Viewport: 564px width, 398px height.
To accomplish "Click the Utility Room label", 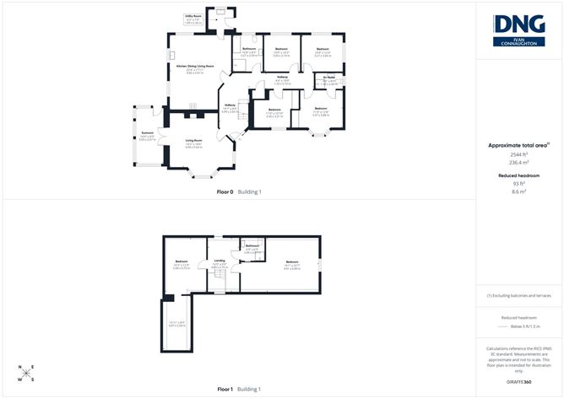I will (193, 16).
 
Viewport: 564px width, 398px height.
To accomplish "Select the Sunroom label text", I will (147, 135).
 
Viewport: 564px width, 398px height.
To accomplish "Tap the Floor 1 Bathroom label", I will (252, 245).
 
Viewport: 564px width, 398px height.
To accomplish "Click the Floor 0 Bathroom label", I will (249, 49).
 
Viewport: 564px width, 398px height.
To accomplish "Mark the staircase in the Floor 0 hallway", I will (241, 110).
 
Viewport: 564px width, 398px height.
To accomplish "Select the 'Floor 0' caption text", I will (226, 192).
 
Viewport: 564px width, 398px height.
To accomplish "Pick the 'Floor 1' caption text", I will (226, 390).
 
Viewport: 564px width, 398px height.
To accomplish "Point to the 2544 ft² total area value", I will (519, 155).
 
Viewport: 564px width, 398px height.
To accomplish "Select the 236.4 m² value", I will (519, 164).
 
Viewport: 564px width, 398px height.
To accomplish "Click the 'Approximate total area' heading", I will (518, 145).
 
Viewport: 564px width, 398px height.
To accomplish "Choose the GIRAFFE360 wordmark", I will (519, 382).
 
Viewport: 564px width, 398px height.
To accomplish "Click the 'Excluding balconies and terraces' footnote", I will (519, 296).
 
